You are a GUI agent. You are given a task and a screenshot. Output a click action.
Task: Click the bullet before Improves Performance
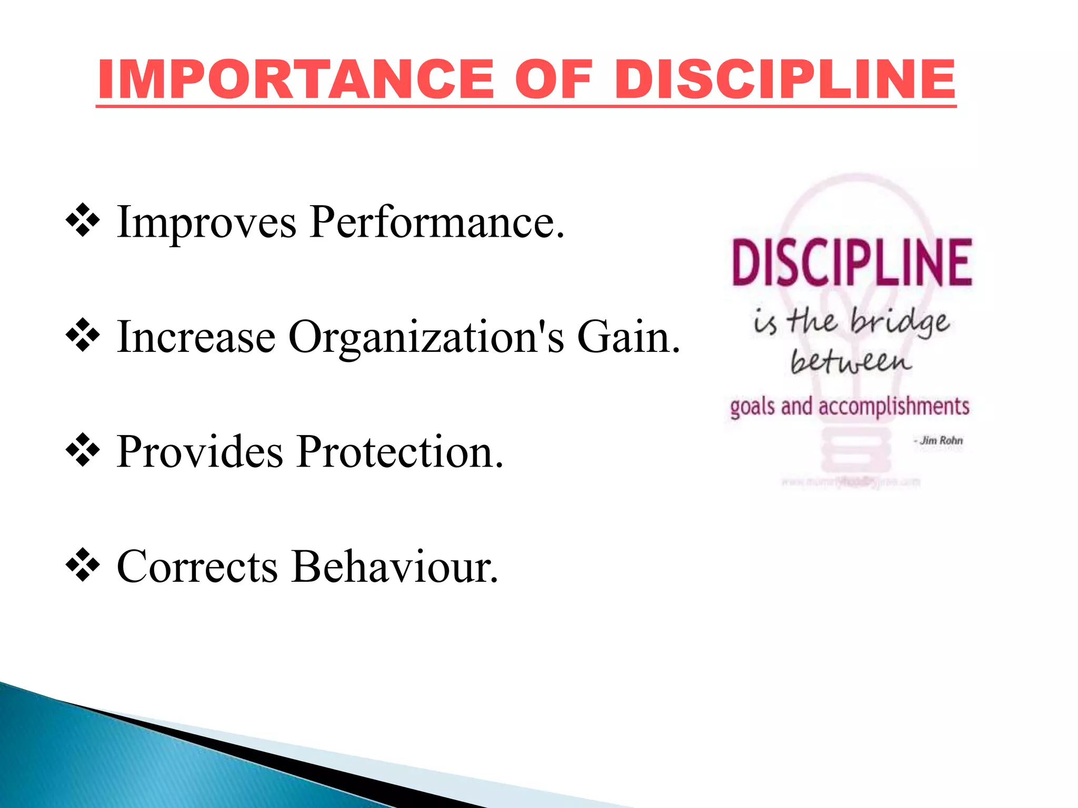click(x=83, y=221)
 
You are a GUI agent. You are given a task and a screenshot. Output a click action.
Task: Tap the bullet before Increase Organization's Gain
click(x=83, y=336)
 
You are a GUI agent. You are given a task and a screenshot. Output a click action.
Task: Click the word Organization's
click(x=426, y=338)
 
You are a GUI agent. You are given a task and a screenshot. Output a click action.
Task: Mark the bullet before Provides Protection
click(x=83, y=450)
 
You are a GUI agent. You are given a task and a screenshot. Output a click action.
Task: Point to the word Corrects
click(x=197, y=567)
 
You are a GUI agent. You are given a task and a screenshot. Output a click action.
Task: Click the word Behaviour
click(x=394, y=567)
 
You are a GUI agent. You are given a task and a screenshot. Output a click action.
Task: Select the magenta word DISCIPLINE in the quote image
click(x=852, y=262)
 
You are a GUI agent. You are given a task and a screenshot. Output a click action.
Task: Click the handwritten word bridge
click(x=900, y=322)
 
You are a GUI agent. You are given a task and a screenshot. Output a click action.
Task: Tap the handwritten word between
click(x=851, y=361)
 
